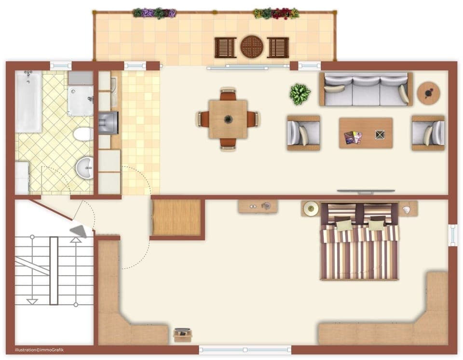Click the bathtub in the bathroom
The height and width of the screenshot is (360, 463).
28,101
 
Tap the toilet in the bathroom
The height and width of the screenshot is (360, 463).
84,134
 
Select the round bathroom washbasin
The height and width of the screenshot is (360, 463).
85,168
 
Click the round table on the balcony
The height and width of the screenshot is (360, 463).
252,47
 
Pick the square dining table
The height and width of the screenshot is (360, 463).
228,119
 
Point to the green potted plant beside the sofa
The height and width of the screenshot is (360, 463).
300,94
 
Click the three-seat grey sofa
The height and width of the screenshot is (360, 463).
366,90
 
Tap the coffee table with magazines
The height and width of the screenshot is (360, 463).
366,133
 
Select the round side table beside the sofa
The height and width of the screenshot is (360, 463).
428,93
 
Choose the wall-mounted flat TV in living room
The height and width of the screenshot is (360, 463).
362,192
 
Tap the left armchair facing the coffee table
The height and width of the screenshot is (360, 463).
303,133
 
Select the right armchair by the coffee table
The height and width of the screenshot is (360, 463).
428,133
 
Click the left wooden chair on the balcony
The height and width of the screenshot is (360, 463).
225,47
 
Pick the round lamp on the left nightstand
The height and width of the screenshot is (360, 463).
311,209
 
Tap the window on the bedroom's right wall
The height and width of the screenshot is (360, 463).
453,235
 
